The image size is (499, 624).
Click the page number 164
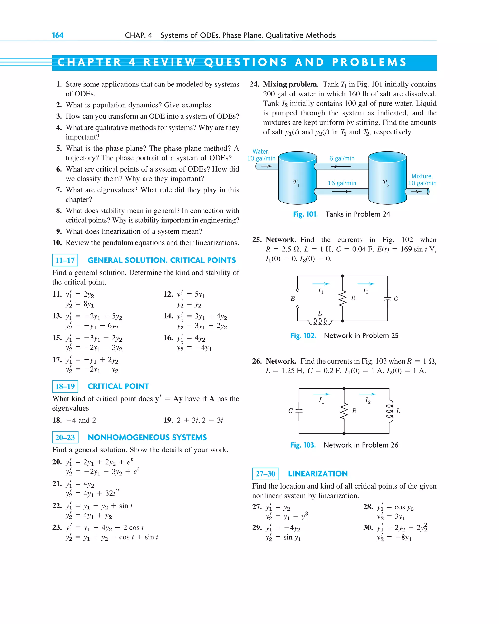(x=58, y=35)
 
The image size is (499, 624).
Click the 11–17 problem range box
(x=65, y=260)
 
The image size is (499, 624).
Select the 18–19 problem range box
(x=65, y=386)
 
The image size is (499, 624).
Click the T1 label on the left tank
(x=296, y=183)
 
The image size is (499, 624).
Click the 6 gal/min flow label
(x=342, y=158)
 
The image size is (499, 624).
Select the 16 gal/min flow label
(x=342, y=183)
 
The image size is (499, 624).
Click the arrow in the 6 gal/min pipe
(x=341, y=166)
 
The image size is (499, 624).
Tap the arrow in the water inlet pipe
(x=267, y=166)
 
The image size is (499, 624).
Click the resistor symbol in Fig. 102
(x=343, y=298)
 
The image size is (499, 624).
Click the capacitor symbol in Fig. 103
(x=299, y=410)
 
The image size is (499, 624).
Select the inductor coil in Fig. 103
(x=390, y=411)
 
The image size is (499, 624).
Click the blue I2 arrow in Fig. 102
(x=366, y=284)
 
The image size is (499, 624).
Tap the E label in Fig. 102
(x=293, y=299)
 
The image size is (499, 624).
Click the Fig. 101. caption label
(x=305, y=214)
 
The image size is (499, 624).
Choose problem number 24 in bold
(x=254, y=84)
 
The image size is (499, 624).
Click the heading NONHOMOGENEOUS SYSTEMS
(x=147, y=437)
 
